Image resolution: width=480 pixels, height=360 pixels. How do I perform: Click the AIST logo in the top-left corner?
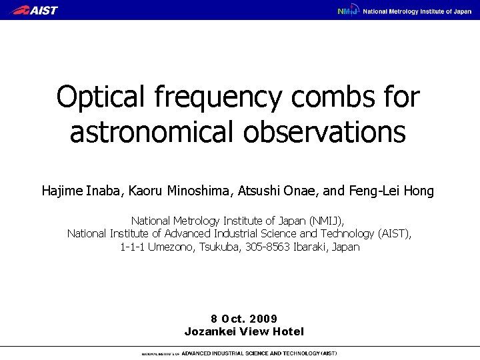pyautogui.click(x=35, y=10)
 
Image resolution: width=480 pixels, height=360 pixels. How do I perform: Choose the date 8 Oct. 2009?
pyautogui.click(x=244, y=318)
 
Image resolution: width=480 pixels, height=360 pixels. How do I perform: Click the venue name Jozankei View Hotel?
pyautogui.click(x=244, y=331)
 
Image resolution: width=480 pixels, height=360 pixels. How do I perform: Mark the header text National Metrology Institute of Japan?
pyautogui.click(x=417, y=11)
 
